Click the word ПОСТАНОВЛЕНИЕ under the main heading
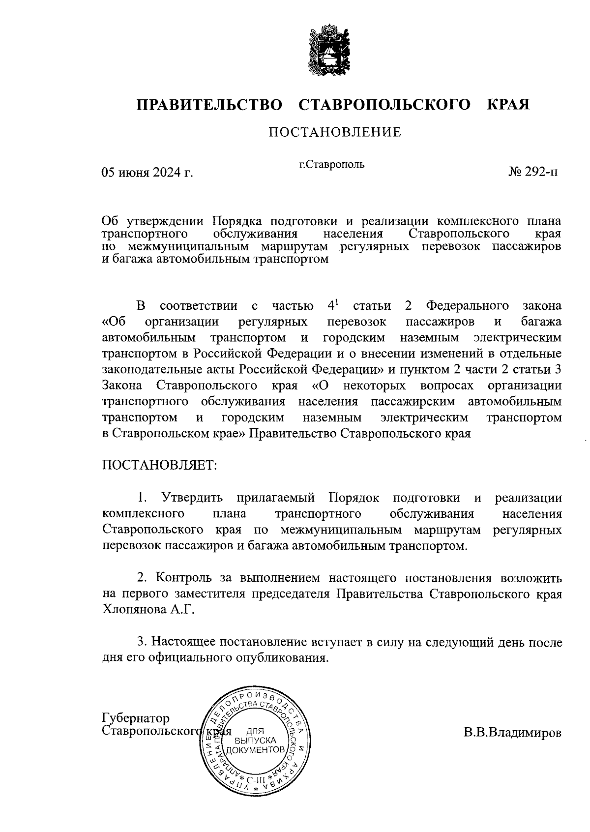334,132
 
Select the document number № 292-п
533,172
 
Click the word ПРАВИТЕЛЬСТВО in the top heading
209,105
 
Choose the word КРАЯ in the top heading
508,105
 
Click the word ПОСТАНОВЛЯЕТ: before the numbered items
159,465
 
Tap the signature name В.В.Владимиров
512,733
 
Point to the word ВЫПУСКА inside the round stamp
255,741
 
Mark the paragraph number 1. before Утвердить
143,498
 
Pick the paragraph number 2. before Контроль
142,578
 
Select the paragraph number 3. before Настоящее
142,642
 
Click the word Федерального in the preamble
467,306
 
